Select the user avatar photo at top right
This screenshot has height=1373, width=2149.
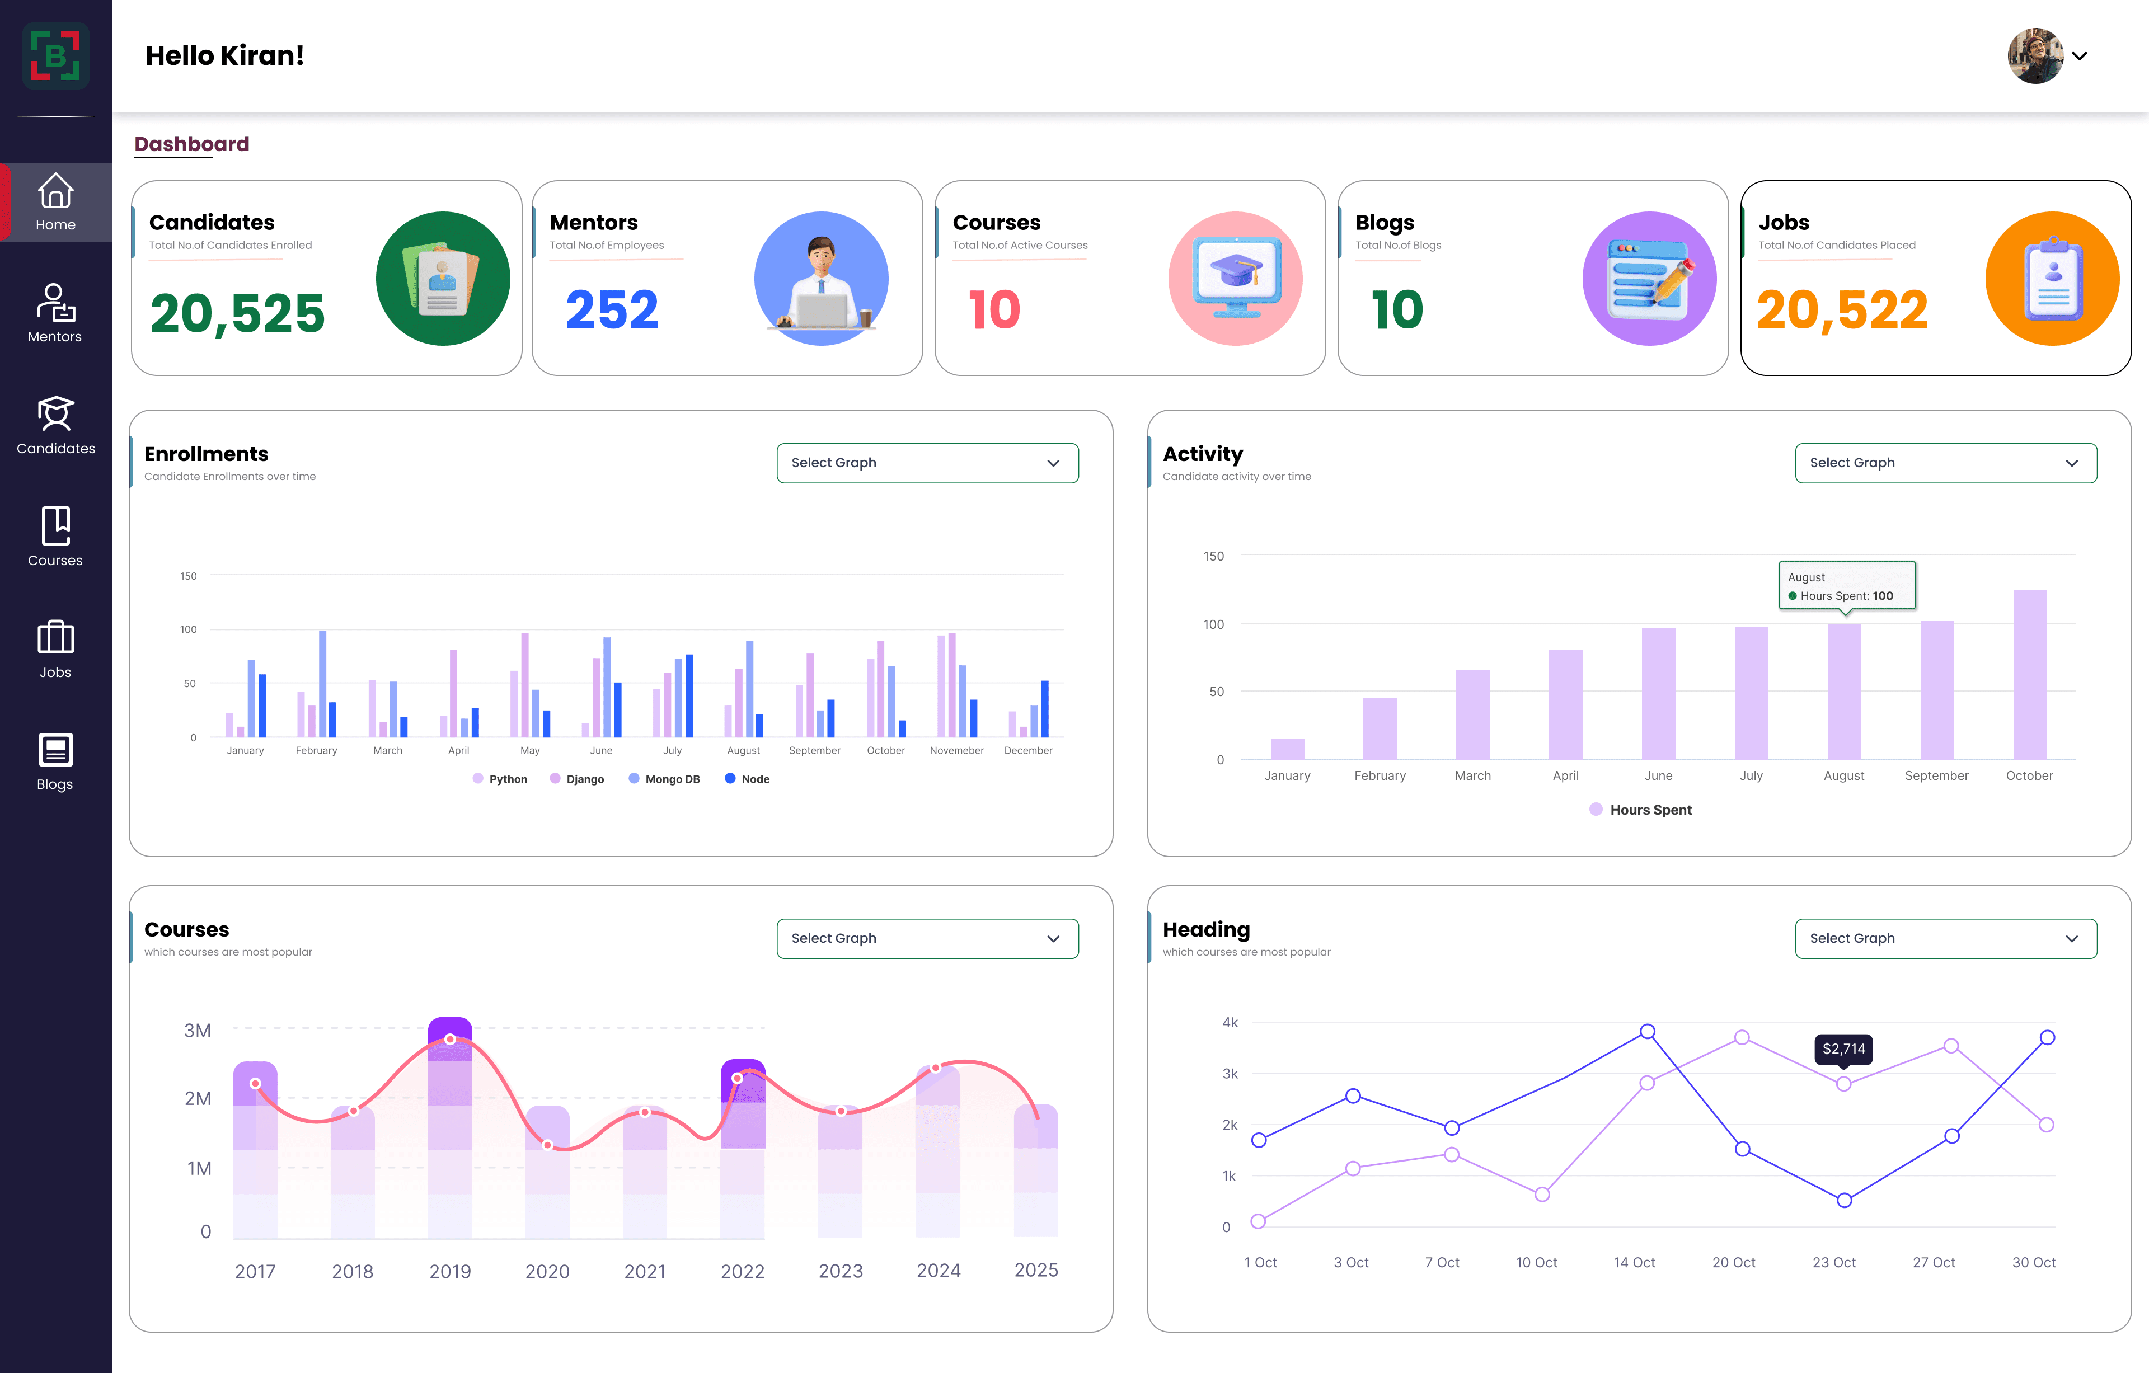click(2035, 55)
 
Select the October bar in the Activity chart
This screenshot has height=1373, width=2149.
click(2029, 674)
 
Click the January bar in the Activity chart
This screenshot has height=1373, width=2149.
click(1288, 749)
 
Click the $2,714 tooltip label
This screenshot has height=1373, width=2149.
click(1844, 1049)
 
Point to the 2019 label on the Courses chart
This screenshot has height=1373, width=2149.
click(450, 1271)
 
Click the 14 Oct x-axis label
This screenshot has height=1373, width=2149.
click(1634, 1262)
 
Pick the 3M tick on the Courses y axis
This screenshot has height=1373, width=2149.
click(197, 1031)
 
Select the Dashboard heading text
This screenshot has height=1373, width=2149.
click(192, 144)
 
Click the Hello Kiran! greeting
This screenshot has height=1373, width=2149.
click(225, 55)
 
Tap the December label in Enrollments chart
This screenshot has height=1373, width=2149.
click(1028, 750)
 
